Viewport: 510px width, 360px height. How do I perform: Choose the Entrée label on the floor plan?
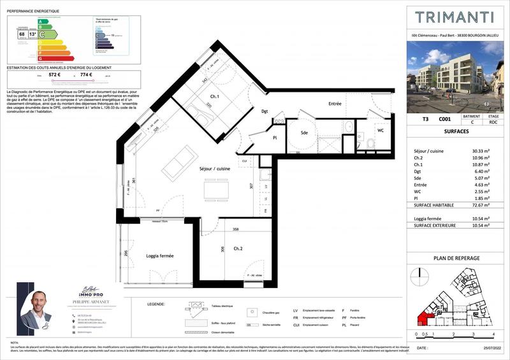tap(335, 104)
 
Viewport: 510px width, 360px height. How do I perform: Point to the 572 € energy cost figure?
tap(55, 75)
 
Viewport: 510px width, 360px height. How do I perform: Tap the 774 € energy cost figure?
tap(87, 75)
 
